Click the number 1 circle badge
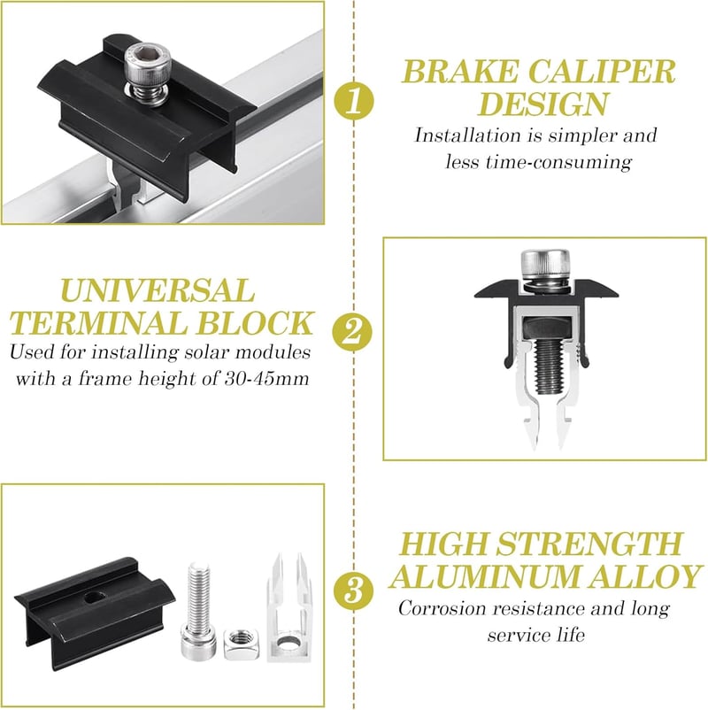[354, 100]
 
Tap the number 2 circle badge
[352, 332]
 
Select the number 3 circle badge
[354, 591]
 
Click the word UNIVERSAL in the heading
[157, 290]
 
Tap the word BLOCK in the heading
[254, 323]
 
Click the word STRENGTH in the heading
[589, 544]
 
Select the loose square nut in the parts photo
[241, 644]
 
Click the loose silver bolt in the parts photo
[199, 610]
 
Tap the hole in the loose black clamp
[94, 598]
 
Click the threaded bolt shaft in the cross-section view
[549, 366]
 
